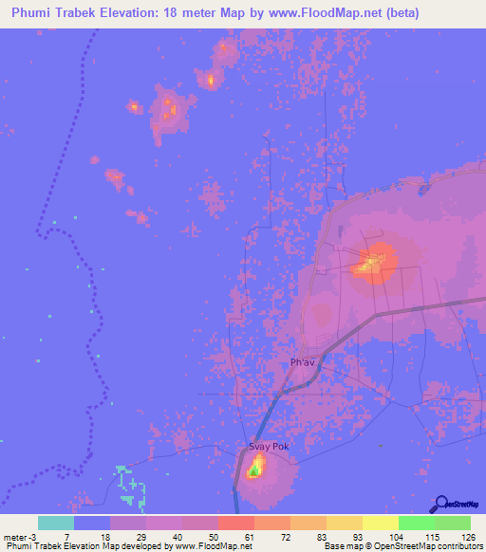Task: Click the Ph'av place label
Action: point(302,362)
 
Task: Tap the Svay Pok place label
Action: point(267,446)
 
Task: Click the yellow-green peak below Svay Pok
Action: point(255,468)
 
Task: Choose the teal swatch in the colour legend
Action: point(56,523)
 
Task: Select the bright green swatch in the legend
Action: point(417,523)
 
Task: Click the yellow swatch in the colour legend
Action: point(381,523)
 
